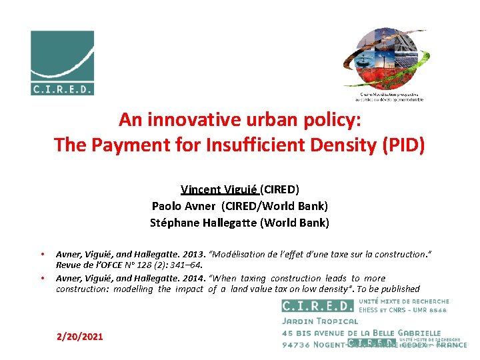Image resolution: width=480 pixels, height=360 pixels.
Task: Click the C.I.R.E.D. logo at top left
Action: pyautogui.click(x=62, y=63)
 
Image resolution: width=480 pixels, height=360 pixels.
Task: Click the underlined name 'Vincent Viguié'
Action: pyautogui.click(x=219, y=189)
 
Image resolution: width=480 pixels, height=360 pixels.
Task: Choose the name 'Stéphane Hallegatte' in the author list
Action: pyautogui.click(x=199, y=223)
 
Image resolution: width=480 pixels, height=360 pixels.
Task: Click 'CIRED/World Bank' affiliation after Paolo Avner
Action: pyautogui.click(x=287, y=206)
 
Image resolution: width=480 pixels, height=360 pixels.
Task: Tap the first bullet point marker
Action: pyautogui.click(x=42, y=254)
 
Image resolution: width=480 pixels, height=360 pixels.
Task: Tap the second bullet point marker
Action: pyautogui.click(x=42, y=278)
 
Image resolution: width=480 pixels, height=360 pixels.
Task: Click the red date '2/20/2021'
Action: pyautogui.click(x=80, y=337)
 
